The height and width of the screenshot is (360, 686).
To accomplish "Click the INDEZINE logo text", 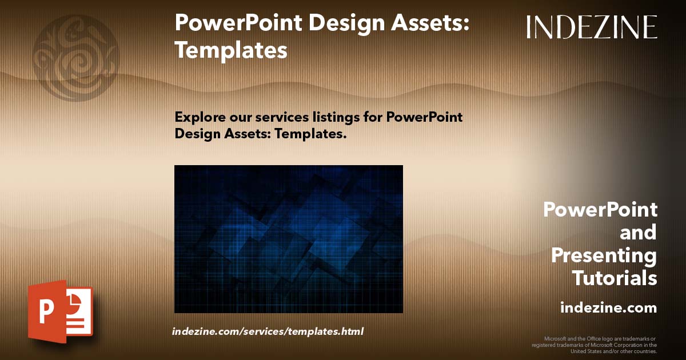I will click(x=592, y=27).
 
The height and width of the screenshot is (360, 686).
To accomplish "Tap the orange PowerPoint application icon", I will click(x=60, y=311).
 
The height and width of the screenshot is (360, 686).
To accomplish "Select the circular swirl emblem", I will click(x=75, y=57).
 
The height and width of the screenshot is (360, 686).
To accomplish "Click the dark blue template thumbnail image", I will click(x=288, y=239).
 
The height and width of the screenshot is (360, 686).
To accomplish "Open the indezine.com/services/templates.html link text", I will click(x=268, y=331).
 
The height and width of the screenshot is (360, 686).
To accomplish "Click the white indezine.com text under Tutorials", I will click(x=608, y=308).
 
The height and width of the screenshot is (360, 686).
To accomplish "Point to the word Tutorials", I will click(x=615, y=278).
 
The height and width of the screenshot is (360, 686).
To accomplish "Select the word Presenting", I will click(x=604, y=255).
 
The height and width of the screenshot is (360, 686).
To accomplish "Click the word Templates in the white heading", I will click(x=231, y=50).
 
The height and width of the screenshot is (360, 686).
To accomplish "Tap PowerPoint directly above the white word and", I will click(x=600, y=210).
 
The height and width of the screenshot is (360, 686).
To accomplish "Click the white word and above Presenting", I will click(x=638, y=233).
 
